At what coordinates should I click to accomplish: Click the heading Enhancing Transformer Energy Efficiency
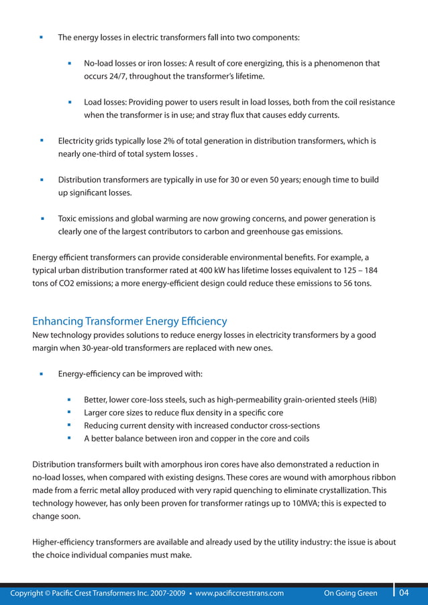pos(129,321)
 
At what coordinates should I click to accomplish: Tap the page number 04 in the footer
pos(404,593)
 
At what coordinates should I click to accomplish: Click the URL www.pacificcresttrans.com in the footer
pos(239,594)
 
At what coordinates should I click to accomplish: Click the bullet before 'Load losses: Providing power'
pos(70,103)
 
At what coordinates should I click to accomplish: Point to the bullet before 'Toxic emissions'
pos(42,219)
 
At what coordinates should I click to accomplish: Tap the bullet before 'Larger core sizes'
pos(70,412)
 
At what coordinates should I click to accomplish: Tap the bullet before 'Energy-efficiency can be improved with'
pos(42,374)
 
